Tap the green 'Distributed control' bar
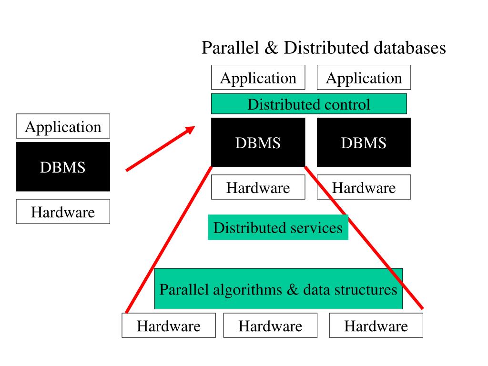pos(309,104)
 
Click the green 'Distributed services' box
pos(278,227)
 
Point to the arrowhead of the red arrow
pos(191,129)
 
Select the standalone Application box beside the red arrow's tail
pos(63,126)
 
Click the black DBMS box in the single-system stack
pos(63,167)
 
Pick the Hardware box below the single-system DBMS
pos(63,212)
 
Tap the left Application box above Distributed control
pos(258,78)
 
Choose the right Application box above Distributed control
pos(364,78)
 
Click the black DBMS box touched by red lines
pos(258,142)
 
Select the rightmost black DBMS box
pos(364,142)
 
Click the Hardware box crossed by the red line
pos(364,187)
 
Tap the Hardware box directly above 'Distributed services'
pos(258,187)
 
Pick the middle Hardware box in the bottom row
pos(270,326)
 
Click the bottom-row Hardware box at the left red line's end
pos(169,326)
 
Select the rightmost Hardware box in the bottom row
pos(376,326)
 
